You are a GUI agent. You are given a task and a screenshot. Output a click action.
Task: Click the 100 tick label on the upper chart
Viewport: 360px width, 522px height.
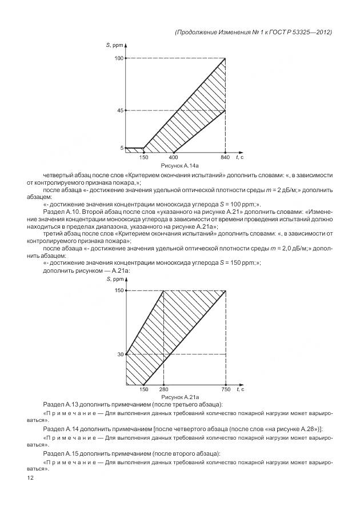click(119, 58)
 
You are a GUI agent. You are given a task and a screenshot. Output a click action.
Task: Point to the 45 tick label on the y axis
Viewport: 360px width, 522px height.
click(120, 110)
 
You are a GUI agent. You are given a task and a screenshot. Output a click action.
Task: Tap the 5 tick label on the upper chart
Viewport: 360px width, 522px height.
click(122, 148)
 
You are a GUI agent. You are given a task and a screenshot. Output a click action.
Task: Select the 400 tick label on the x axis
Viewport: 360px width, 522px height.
click(174, 157)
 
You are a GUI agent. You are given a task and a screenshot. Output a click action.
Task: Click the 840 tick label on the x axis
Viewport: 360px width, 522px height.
click(226, 157)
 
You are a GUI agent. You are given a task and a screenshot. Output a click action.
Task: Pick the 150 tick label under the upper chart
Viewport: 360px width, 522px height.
click(144, 157)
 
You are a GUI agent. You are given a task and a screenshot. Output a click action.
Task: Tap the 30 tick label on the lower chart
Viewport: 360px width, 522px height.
click(121, 354)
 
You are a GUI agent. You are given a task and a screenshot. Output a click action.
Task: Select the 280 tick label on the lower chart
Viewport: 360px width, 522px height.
click(164, 389)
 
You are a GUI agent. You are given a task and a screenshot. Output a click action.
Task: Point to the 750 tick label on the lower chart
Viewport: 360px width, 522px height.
click(226, 389)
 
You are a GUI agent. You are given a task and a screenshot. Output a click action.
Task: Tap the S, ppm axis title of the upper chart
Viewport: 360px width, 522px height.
click(114, 44)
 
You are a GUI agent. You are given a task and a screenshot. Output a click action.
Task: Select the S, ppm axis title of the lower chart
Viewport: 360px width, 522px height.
click(114, 278)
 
